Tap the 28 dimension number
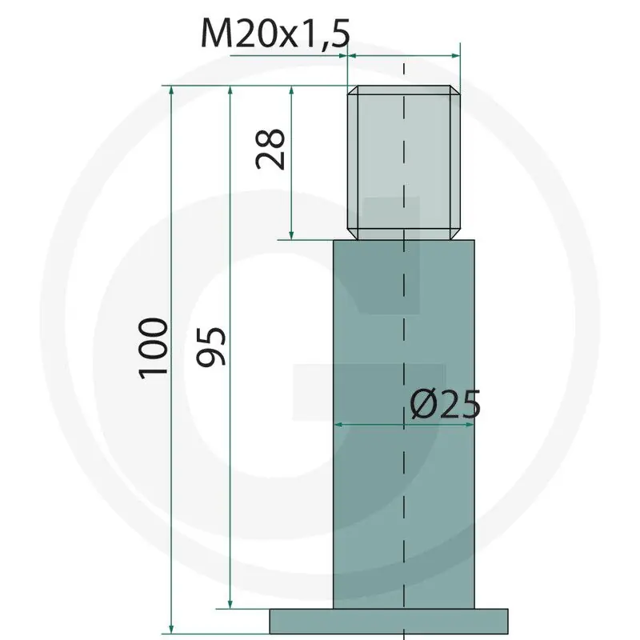(x=270, y=149)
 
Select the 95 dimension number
(x=210, y=346)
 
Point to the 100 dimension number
(x=153, y=349)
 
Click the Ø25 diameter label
(x=446, y=405)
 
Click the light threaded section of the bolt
(x=404, y=162)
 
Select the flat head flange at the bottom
(x=389, y=622)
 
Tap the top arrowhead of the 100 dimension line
(x=171, y=91)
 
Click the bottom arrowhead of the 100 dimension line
(x=171, y=629)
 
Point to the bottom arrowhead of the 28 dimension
(x=291, y=234)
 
